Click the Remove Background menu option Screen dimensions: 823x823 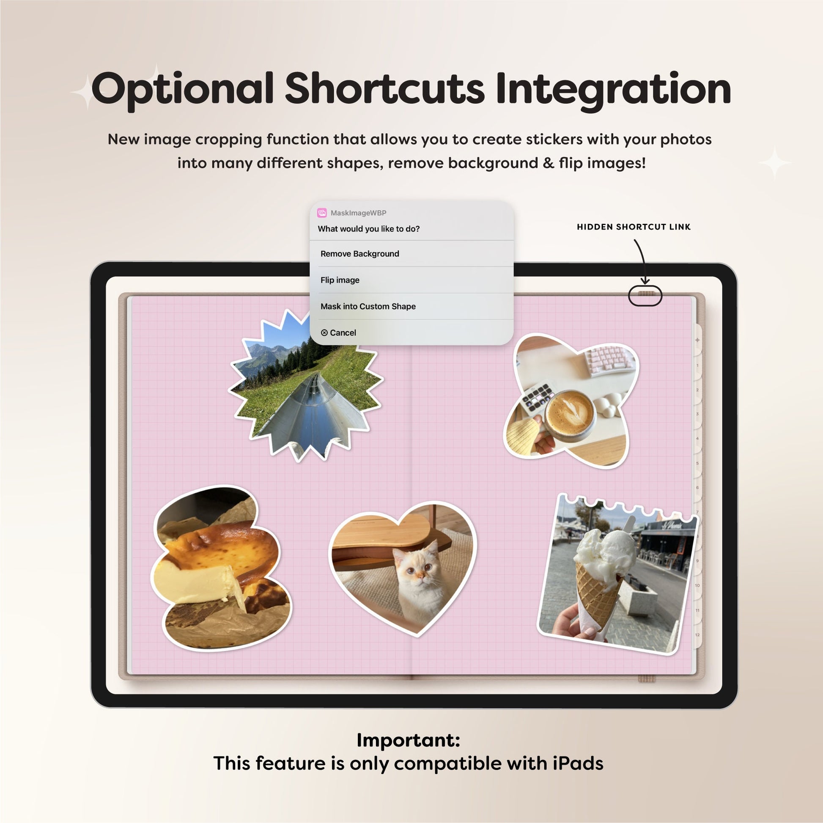pyautogui.click(x=359, y=254)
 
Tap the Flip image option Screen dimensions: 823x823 pyautogui.click(x=340, y=280)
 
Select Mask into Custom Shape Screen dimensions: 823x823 pyautogui.click(x=368, y=306)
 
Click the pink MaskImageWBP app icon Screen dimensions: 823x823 pyautogui.click(x=322, y=213)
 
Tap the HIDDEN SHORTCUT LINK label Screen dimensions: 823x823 pyautogui.click(x=634, y=227)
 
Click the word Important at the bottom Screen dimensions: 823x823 pyautogui.click(x=408, y=740)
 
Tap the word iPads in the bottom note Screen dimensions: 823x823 pyautogui.click(x=578, y=763)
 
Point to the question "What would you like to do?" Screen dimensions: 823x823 pyautogui.click(x=369, y=229)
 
